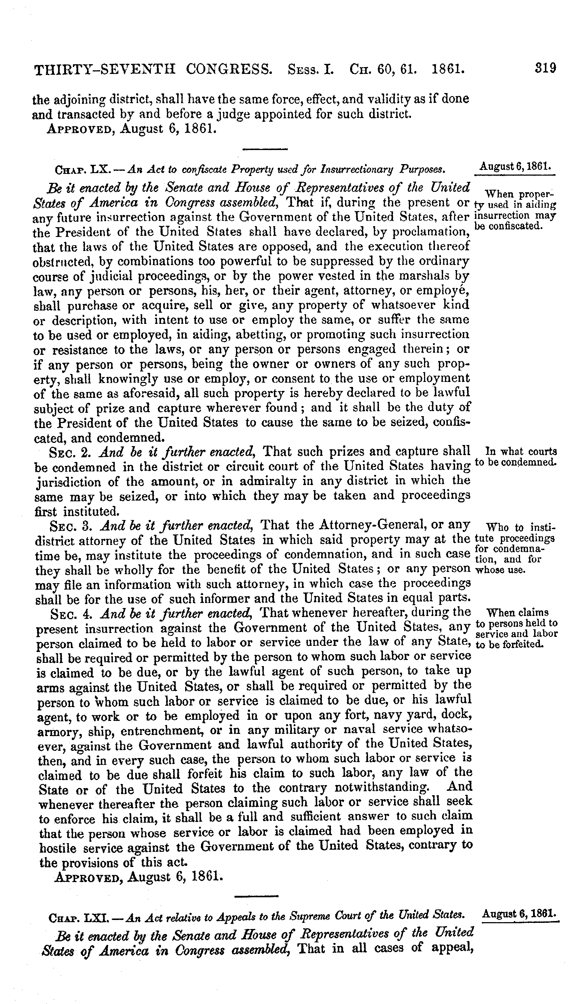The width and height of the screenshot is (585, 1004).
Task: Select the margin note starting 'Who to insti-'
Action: click(x=521, y=528)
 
